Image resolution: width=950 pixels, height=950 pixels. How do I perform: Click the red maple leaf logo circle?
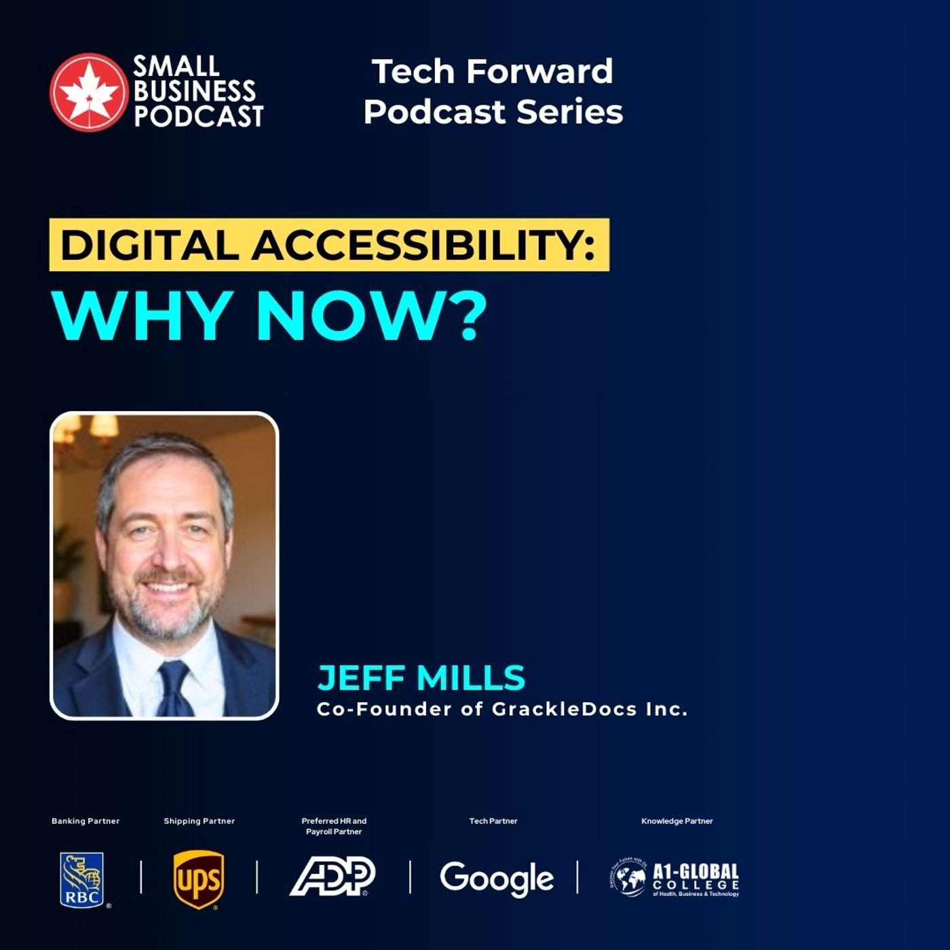click(88, 92)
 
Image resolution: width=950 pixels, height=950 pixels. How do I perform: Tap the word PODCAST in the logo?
click(198, 116)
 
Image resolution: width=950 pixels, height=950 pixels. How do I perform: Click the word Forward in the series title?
click(540, 71)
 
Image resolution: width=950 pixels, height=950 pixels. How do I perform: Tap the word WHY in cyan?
click(139, 316)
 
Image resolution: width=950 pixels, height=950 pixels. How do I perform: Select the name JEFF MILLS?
click(421, 677)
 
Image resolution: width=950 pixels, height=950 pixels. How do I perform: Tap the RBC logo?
click(82, 880)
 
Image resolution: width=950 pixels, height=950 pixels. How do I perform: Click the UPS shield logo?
click(198, 880)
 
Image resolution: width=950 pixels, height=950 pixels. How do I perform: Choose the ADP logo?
click(332, 877)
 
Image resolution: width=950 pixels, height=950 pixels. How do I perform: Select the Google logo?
click(496, 879)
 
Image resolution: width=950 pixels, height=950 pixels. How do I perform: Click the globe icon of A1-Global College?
click(628, 878)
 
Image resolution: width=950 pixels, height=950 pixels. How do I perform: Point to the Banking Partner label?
click(85, 821)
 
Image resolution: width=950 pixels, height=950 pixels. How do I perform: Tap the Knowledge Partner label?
click(677, 821)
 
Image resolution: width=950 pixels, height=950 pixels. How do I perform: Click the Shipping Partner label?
click(199, 821)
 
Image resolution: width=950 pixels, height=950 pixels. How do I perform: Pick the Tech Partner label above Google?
click(493, 821)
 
